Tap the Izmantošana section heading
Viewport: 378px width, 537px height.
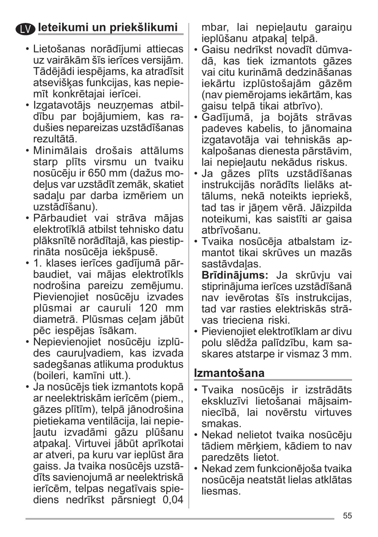[x=229, y=372]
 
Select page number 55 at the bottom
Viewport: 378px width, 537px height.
[x=347, y=515]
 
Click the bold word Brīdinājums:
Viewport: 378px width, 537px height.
[x=235, y=275]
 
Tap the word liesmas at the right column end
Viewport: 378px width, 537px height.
[x=221, y=491]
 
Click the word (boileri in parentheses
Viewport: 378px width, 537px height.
[x=51, y=376]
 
